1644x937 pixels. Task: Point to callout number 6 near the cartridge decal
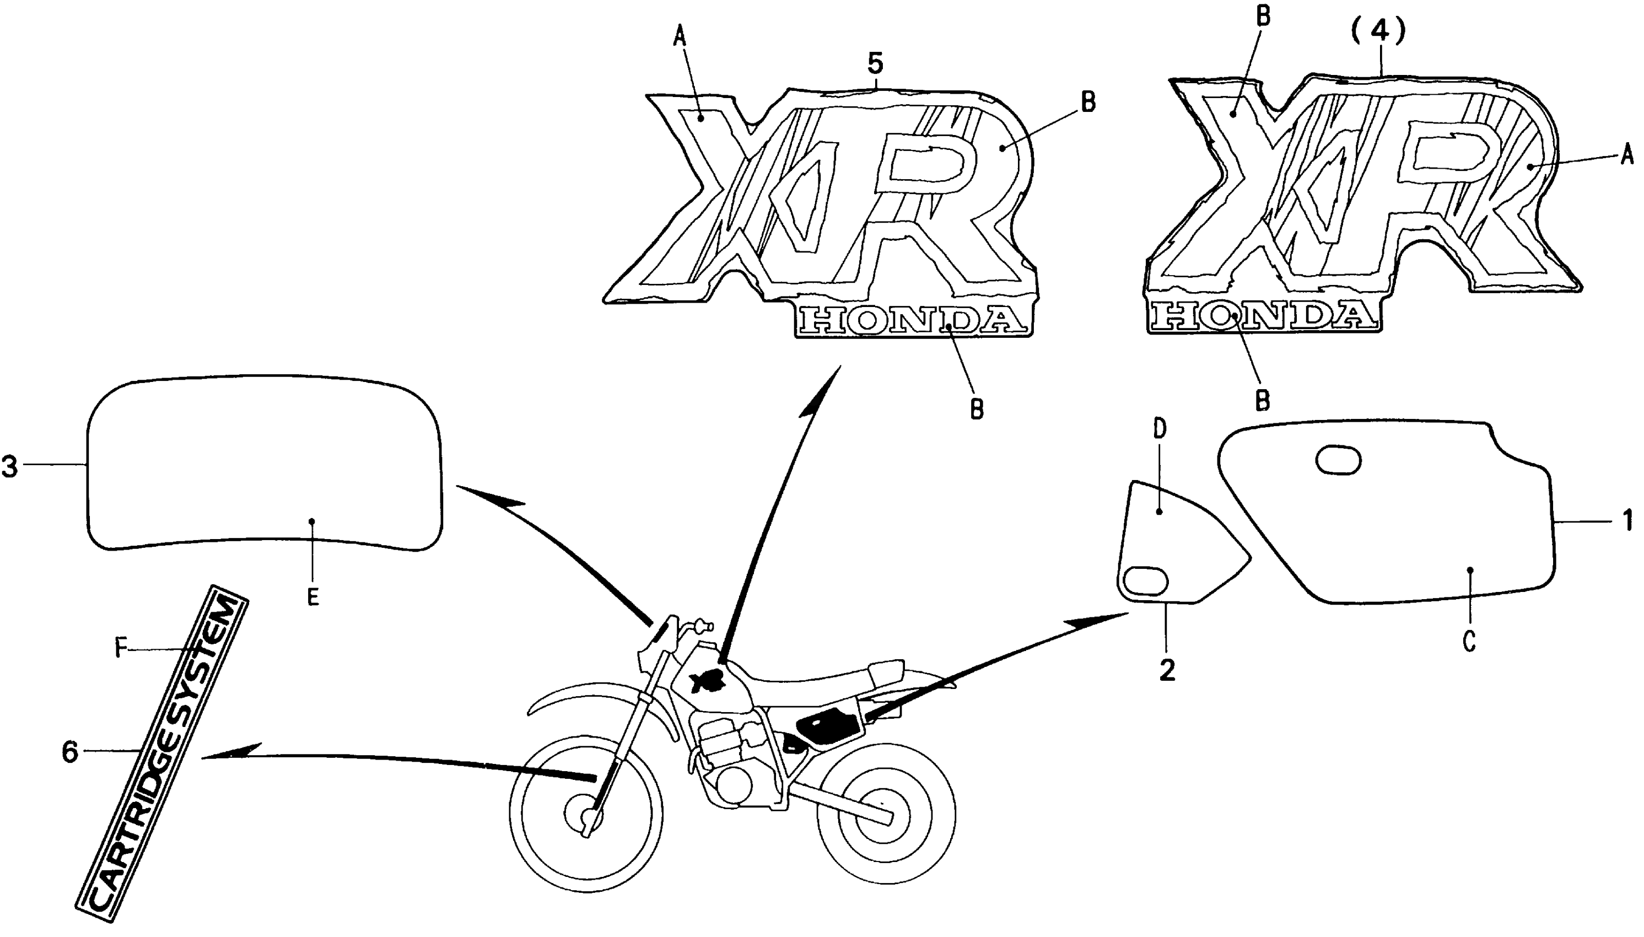click(70, 752)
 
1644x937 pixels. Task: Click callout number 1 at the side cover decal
click(1627, 520)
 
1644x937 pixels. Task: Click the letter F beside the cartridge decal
click(120, 649)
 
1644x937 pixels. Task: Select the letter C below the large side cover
click(1469, 642)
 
